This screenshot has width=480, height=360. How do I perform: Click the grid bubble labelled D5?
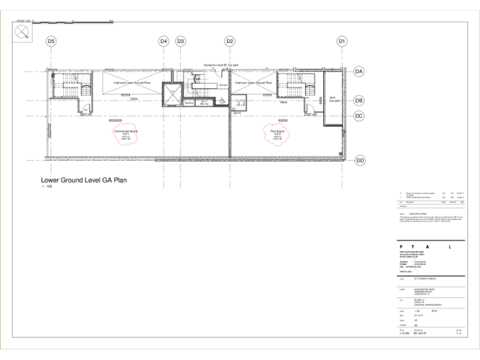tap(51, 41)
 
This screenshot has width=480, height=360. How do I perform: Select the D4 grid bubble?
tap(164, 41)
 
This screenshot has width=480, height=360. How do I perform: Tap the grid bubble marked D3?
tap(181, 41)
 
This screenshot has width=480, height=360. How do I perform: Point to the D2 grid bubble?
tap(230, 41)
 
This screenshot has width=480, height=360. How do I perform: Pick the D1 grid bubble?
tap(342, 41)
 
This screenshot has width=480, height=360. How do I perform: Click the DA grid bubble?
tap(359, 72)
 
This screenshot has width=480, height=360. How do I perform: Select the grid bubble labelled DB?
tap(359, 100)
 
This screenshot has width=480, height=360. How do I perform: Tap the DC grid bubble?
tap(359, 116)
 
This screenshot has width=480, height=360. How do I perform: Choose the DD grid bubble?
tap(359, 161)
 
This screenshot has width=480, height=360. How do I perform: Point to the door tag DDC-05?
tap(86, 116)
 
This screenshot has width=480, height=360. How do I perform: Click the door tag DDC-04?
tap(311, 116)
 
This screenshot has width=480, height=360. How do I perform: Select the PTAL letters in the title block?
tap(431, 247)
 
